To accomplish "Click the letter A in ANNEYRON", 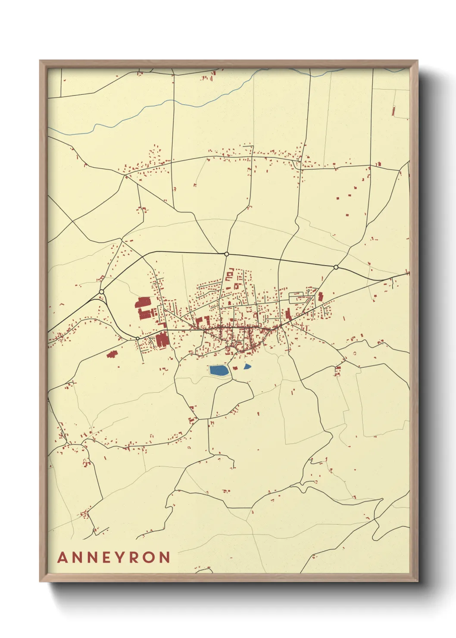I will (x=63, y=557).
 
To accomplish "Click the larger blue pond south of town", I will (x=219, y=370).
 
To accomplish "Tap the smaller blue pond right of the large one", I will (x=247, y=366).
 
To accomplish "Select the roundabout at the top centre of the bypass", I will (x=227, y=254).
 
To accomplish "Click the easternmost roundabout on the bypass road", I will (x=336, y=267).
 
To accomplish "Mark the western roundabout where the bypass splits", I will (x=101, y=292).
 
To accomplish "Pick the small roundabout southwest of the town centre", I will (x=137, y=338).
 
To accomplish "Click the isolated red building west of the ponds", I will (x=112, y=354).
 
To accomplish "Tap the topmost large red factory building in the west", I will (x=143, y=302).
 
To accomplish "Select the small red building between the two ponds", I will (x=235, y=368).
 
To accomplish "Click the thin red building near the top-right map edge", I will (x=394, y=111).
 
